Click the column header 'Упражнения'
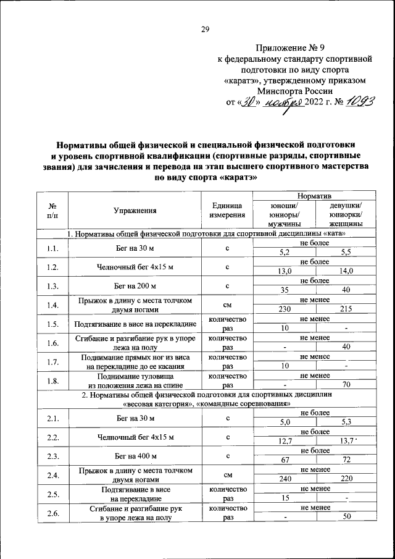click(x=135, y=211)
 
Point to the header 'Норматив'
click(x=315, y=195)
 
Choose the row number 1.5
click(x=52, y=324)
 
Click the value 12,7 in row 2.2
click(x=285, y=442)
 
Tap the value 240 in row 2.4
click(x=285, y=478)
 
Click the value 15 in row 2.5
click(x=285, y=497)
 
